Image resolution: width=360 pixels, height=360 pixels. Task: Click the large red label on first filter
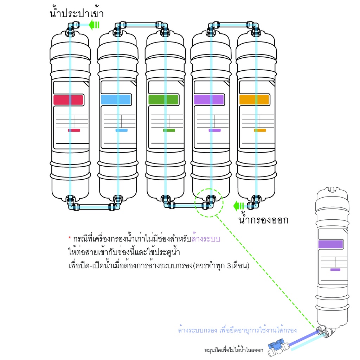pos(68,99)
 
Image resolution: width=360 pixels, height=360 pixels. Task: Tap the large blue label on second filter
pos(116,99)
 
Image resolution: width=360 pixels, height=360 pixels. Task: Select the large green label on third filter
pos(163,99)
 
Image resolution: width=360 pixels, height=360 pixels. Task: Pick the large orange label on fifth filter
pos(254,99)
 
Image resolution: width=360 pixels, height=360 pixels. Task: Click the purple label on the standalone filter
pos(330,245)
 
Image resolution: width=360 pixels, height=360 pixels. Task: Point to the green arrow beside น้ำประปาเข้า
pos(94,25)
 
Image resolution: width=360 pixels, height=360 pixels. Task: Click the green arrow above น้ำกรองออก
pos(239,205)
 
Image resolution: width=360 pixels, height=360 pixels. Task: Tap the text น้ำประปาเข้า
pos(77,13)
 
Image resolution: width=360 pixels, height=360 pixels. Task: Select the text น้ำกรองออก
pos(263,220)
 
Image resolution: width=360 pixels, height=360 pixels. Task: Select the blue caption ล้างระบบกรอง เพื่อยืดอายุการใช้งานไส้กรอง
pos(237,330)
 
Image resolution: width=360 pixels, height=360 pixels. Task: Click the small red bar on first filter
pos(74,130)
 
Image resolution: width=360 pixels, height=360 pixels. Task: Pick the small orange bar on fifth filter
pos(260,130)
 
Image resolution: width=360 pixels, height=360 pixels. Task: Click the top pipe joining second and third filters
pos(141,25)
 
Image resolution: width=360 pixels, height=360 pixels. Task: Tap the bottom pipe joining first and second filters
pos(93,207)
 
